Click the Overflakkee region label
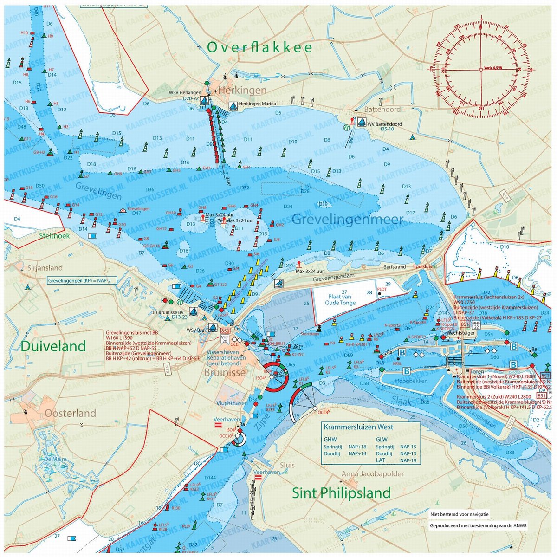click(259, 48)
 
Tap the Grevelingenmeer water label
click(347, 219)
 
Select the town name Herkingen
click(243, 90)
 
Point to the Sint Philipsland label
click(341, 493)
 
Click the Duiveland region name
click(53, 346)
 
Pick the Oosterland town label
click(70, 413)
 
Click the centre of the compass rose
click(480, 69)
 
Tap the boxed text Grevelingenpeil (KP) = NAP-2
click(76, 281)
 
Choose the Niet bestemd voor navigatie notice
click(459, 515)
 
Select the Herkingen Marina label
click(258, 104)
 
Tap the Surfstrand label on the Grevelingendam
click(395, 267)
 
